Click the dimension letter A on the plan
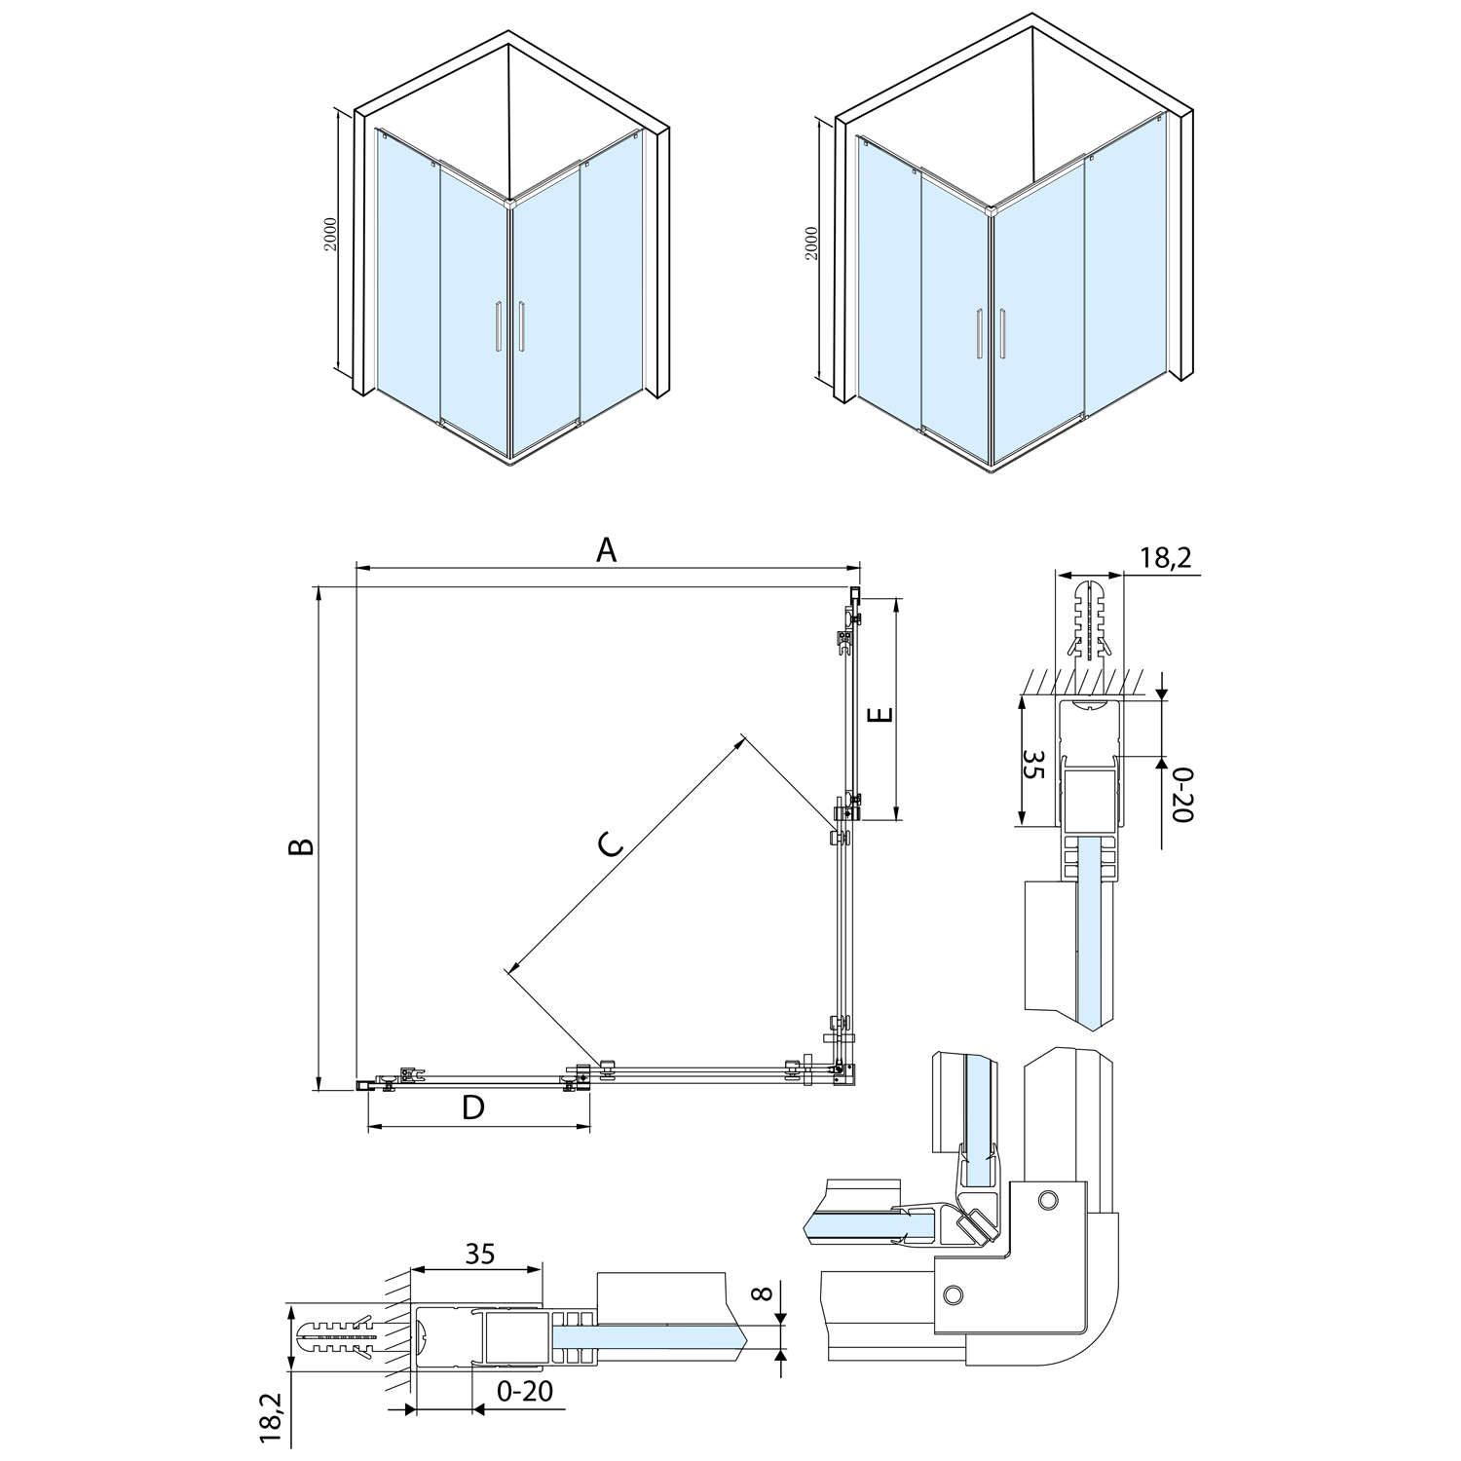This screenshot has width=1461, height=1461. click(607, 550)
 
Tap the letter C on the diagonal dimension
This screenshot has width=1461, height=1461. click(610, 845)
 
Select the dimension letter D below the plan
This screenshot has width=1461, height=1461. click(473, 1107)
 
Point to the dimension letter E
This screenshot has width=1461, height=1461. click(880, 715)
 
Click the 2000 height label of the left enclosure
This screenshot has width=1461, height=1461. click(331, 235)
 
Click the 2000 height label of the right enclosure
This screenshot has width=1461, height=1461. click(812, 243)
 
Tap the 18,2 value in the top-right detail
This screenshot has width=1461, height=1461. click(1165, 557)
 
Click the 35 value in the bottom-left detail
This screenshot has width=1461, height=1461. click(479, 1254)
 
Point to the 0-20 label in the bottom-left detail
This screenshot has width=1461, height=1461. click(524, 1390)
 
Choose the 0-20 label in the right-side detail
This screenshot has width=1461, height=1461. click(1180, 794)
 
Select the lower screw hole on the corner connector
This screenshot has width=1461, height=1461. click(954, 1292)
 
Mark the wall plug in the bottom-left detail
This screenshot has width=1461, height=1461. click(340, 1338)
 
